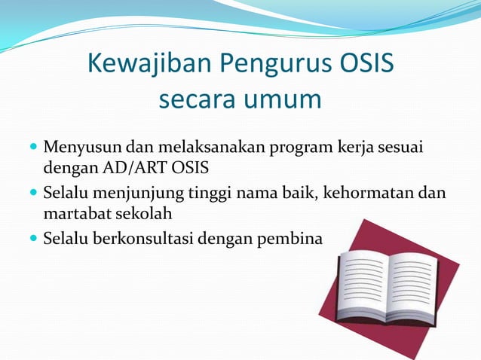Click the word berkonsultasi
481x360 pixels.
146,239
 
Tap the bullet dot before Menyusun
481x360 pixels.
32,145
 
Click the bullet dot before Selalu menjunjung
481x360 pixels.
32,193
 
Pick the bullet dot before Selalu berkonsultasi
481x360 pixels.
32,239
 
